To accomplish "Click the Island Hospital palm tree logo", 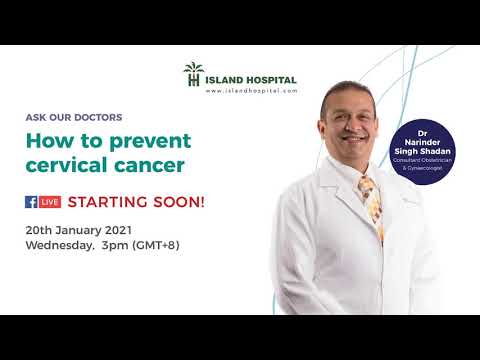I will (193, 73).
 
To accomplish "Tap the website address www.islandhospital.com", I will (251, 91).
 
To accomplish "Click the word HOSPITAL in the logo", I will (270, 78).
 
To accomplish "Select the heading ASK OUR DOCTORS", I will (74, 118).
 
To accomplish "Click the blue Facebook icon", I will (31, 201).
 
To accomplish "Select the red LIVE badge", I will (50, 201).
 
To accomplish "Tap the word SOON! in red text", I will (179, 201).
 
